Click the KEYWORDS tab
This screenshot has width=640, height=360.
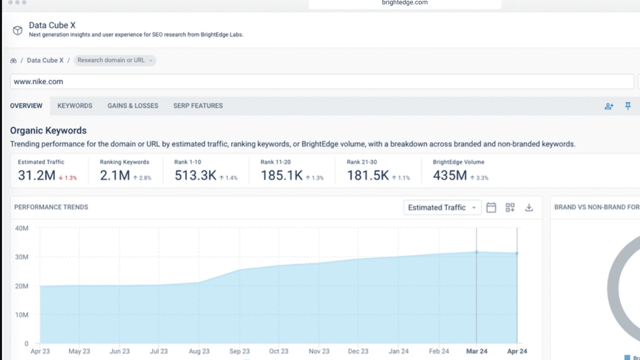click(x=75, y=106)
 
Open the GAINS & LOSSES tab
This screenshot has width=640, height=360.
click(x=133, y=106)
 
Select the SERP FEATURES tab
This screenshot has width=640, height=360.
click(x=198, y=106)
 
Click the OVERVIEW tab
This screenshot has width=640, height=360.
click(x=26, y=106)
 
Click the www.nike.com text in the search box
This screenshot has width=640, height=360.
click(x=38, y=82)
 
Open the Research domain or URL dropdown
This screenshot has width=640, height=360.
click(x=115, y=60)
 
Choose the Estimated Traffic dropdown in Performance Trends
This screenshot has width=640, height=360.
click(x=442, y=207)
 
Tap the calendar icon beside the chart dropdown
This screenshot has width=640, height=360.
click(x=491, y=207)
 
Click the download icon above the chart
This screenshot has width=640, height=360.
click(x=529, y=207)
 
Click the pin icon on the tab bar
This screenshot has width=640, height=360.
click(x=628, y=106)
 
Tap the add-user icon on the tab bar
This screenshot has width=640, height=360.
click(x=609, y=106)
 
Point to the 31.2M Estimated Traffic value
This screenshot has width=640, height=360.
click(x=36, y=175)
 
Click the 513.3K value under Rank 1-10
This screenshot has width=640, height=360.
click(x=195, y=175)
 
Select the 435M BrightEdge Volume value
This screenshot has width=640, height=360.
click(x=450, y=175)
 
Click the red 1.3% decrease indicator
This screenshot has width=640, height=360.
click(x=68, y=178)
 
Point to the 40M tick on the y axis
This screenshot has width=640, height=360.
click(x=22, y=228)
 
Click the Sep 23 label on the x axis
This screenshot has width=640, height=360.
click(x=240, y=351)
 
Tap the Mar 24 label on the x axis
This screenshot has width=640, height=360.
click(x=477, y=351)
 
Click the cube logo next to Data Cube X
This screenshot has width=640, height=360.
click(x=18, y=30)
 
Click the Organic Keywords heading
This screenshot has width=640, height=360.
click(x=48, y=131)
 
